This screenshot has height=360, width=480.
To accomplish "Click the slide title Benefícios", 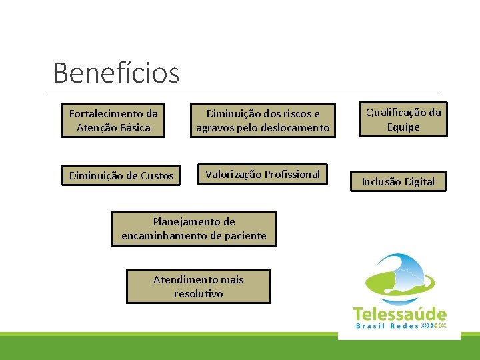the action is click(x=116, y=73).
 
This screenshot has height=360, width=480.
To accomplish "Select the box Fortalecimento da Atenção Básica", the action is click(x=113, y=121).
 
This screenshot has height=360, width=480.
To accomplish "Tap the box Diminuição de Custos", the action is click(x=121, y=176).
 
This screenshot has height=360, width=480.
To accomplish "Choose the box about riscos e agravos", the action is click(x=263, y=121).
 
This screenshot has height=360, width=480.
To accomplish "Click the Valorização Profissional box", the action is click(x=263, y=175).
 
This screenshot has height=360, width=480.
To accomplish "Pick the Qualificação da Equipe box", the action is click(x=403, y=119).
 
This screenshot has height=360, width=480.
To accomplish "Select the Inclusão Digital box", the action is click(x=398, y=181).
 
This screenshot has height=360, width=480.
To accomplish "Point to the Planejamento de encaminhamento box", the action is click(x=193, y=229).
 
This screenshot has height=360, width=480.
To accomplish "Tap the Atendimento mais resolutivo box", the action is click(x=199, y=287).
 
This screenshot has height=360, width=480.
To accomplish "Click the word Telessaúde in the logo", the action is click(x=399, y=313).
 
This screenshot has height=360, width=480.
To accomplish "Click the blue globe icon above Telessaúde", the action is click(x=398, y=277).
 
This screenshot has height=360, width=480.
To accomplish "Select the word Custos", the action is click(x=158, y=176).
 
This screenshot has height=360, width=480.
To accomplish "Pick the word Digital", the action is click(x=418, y=181).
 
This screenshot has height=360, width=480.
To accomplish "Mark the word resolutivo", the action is click(x=199, y=294).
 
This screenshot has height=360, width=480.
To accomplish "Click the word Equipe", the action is click(x=403, y=127).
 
